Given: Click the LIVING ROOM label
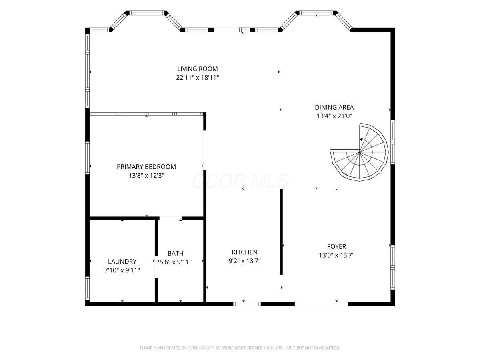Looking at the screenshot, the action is [x=198, y=69].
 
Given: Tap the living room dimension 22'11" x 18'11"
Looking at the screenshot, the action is [x=198, y=78].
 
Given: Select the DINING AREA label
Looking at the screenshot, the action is [x=334, y=107].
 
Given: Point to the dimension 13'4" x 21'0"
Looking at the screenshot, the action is [x=334, y=116].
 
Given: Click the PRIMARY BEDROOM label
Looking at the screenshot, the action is [x=146, y=167].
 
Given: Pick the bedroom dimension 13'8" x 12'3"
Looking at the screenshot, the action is [x=146, y=176].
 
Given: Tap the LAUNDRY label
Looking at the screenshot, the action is [x=122, y=262].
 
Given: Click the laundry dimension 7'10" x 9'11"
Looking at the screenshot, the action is [x=122, y=270].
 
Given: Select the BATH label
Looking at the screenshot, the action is [x=175, y=253].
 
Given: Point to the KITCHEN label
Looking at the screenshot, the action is [x=244, y=252].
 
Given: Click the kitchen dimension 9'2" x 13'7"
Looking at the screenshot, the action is [x=244, y=261].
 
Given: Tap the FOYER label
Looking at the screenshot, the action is [x=336, y=246].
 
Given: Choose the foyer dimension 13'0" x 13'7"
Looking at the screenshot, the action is [x=336, y=255].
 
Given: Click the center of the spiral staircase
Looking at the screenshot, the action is [x=360, y=152].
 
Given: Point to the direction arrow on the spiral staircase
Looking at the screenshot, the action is [x=361, y=140].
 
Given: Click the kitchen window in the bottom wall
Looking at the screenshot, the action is [x=247, y=304].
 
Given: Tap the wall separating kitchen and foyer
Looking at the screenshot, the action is [x=281, y=232].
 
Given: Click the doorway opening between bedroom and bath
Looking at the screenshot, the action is [x=170, y=218].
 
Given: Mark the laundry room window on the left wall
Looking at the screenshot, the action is [x=87, y=288].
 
